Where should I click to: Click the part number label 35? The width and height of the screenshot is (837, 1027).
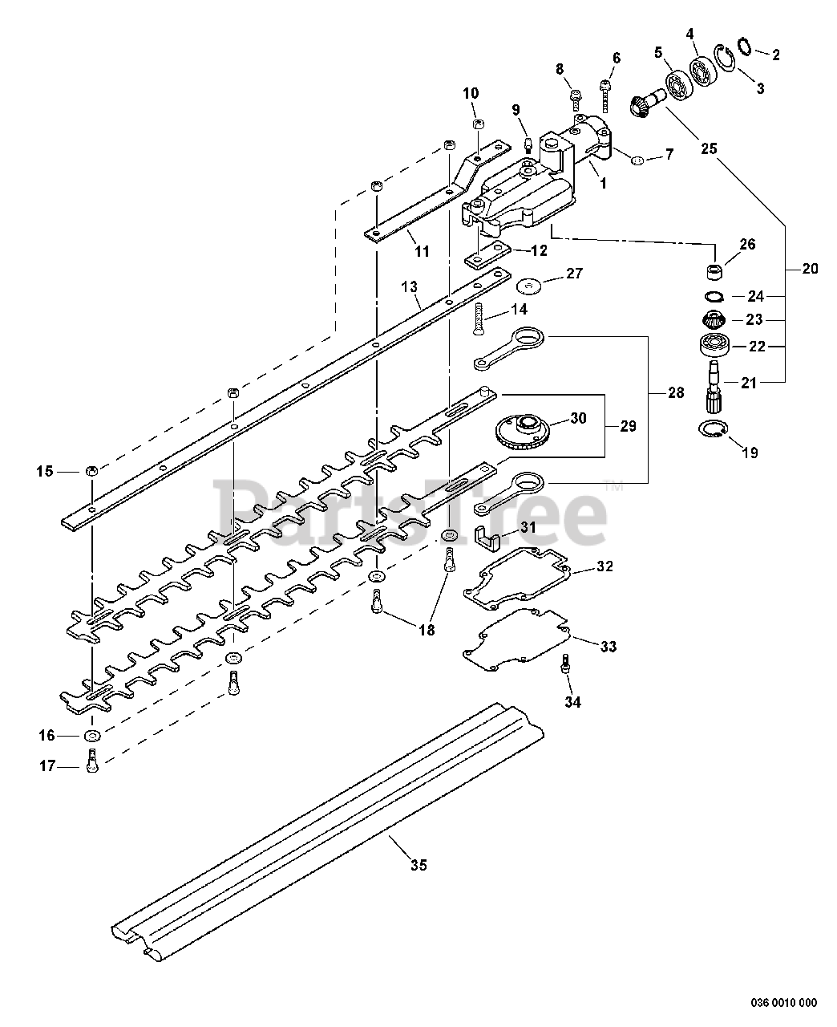[x=418, y=866]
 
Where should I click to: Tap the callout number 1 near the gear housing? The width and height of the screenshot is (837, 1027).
[x=604, y=183]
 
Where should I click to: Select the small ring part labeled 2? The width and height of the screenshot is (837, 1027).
[x=745, y=47]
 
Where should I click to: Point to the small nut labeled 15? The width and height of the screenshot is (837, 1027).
[x=91, y=471]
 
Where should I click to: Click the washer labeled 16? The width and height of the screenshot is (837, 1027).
[x=91, y=735]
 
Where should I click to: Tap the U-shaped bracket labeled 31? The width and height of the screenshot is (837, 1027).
[x=487, y=538]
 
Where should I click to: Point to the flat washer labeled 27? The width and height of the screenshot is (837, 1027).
[x=530, y=286]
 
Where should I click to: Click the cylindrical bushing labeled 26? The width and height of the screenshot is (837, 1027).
[x=714, y=272]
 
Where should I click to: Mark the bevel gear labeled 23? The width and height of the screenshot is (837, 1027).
[x=714, y=319]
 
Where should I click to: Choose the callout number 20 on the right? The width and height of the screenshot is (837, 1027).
[x=810, y=268]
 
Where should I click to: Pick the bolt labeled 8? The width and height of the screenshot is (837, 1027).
[x=576, y=100]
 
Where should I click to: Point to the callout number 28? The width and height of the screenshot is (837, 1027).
[x=676, y=392]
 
